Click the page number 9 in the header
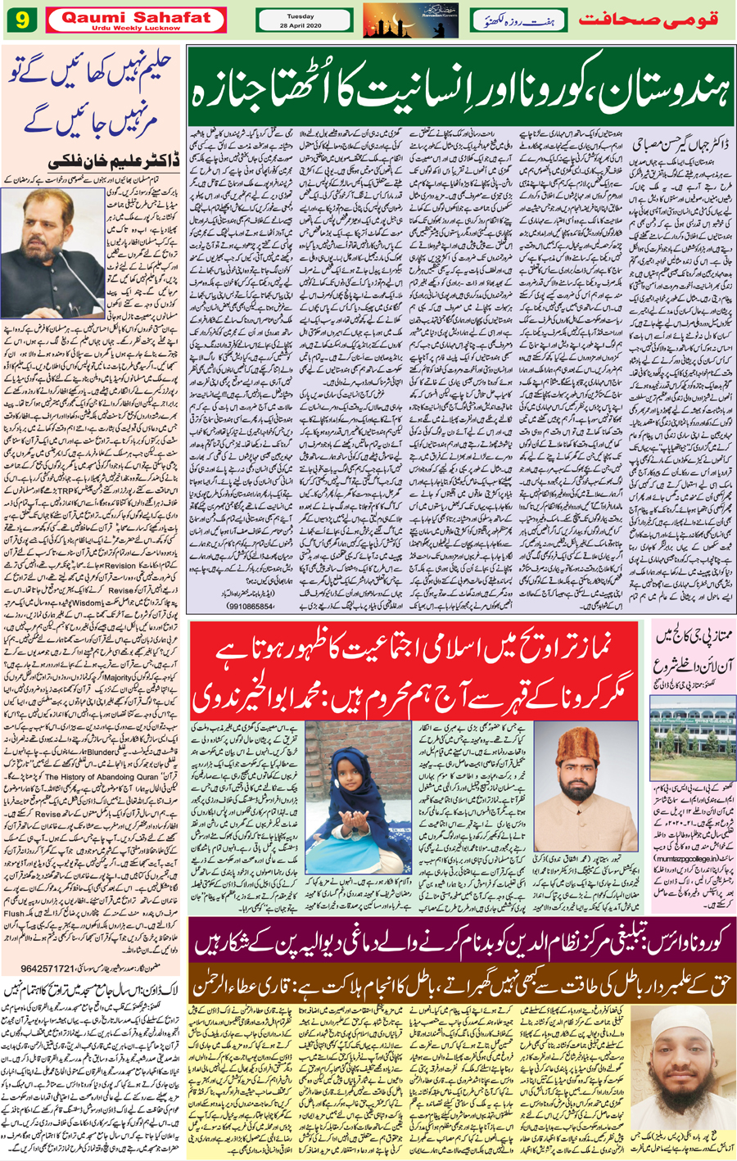click(20, 20)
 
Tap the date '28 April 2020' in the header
click(304, 25)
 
